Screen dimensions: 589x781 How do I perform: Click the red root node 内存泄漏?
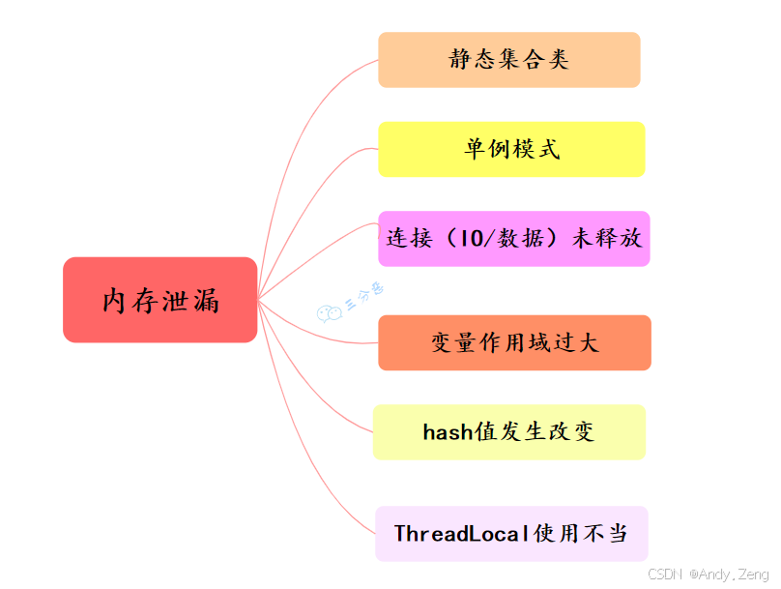click(x=160, y=300)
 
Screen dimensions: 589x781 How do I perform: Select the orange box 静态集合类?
click(x=509, y=60)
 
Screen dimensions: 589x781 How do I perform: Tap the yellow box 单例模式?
click(x=511, y=149)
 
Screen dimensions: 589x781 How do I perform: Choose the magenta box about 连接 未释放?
click(x=513, y=238)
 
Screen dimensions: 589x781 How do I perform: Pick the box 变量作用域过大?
click(x=514, y=342)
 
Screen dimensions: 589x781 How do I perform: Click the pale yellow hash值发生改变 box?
click(x=509, y=431)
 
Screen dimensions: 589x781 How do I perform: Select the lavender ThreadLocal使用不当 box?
click(x=511, y=533)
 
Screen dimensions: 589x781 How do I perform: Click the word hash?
click(x=448, y=431)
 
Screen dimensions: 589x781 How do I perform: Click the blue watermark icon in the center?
click(x=330, y=311)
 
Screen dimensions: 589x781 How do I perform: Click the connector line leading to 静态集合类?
click(x=319, y=97)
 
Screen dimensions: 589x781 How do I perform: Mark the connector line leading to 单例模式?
click(x=319, y=174)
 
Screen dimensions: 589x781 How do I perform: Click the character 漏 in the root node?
click(x=206, y=300)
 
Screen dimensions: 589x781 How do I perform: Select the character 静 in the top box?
click(x=460, y=60)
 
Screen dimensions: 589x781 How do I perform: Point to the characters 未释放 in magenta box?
click(x=606, y=238)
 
